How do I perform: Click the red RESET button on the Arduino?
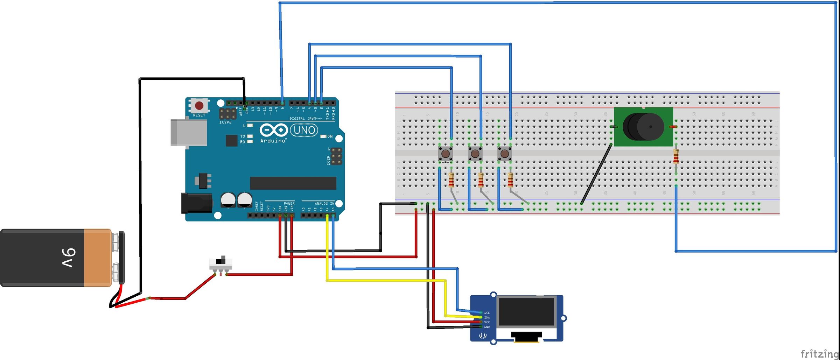pos(199,105)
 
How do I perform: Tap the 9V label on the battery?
pos(69,258)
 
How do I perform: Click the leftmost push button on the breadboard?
pos(446,154)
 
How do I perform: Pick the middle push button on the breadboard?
pos(475,154)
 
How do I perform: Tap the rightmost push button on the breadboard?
pos(505,154)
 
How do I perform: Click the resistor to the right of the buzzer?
pos(676,156)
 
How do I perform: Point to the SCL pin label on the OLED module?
pos(487,313)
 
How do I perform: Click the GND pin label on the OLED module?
pos(487,327)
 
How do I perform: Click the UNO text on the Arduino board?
pos(304,130)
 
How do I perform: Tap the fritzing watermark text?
pos(819,353)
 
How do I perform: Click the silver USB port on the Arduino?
pos(188,133)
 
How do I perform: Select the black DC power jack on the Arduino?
pos(196,203)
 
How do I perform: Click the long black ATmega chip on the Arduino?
pos(293,183)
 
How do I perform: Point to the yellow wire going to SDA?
pos(385,280)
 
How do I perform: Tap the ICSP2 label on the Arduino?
pos(225,122)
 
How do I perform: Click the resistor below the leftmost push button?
pos(451,181)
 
